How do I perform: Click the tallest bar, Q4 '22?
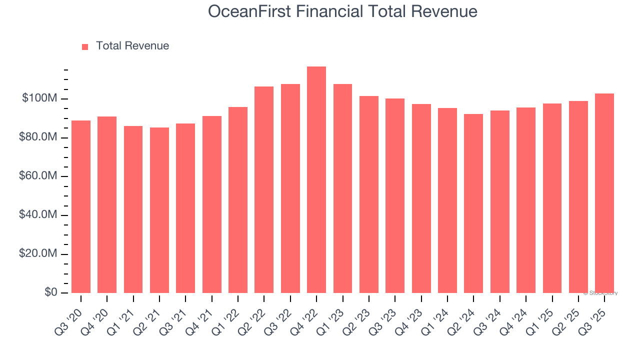click(316, 180)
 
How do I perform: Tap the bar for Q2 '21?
click(159, 210)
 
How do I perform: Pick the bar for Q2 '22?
click(264, 190)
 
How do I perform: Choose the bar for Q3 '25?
click(604, 193)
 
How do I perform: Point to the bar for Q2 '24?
click(473, 203)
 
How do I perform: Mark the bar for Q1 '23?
click(342, 188)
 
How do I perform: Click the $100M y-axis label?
click(39, 98)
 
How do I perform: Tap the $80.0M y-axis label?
click(38, 137)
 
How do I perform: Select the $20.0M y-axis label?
click(38, 254)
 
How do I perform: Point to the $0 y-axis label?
click(50, 292)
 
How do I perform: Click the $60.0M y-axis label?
click(38, 176)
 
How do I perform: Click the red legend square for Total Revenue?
click(85, 46)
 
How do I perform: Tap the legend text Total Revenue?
click(132, 46)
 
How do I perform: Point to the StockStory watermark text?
click(600, 293)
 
